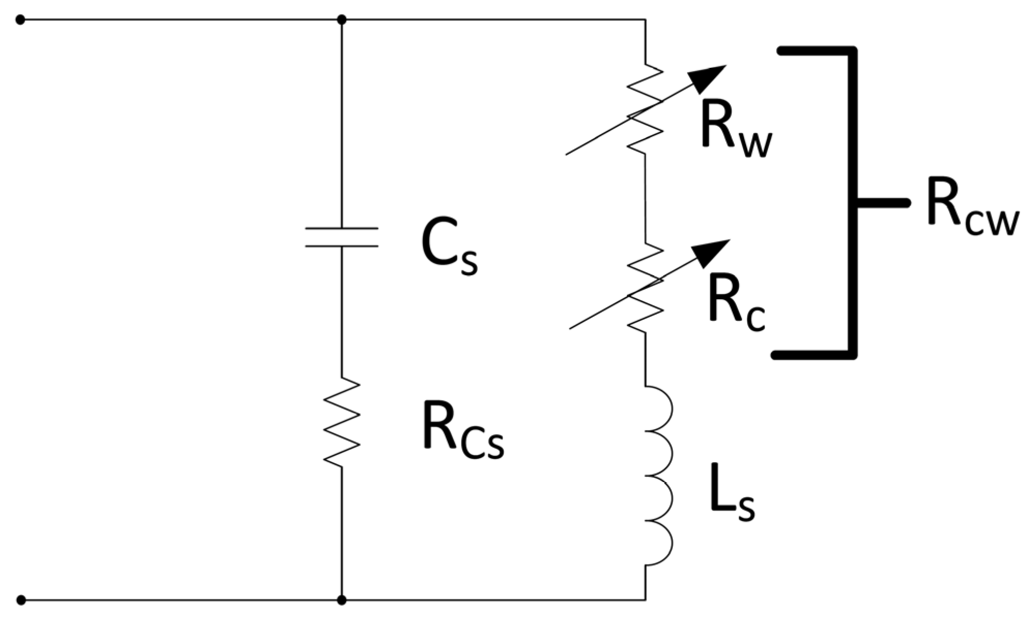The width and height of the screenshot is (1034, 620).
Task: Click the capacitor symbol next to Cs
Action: click(341, 237)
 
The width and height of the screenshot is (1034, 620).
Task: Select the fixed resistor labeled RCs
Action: click(341, 422)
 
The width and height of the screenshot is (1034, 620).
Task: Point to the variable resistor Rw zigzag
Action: click(645, 109)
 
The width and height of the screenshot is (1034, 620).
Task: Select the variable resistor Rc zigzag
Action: click(645, 287)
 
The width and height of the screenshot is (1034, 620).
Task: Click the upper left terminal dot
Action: click(20, 20)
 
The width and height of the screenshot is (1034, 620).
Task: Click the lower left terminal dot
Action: click(21, 600)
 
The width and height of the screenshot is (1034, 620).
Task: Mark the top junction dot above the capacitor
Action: click(341, 20)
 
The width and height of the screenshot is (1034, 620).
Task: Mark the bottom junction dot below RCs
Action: click(341, 600)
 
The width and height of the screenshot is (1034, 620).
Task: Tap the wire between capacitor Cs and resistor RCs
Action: click(341, 311)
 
